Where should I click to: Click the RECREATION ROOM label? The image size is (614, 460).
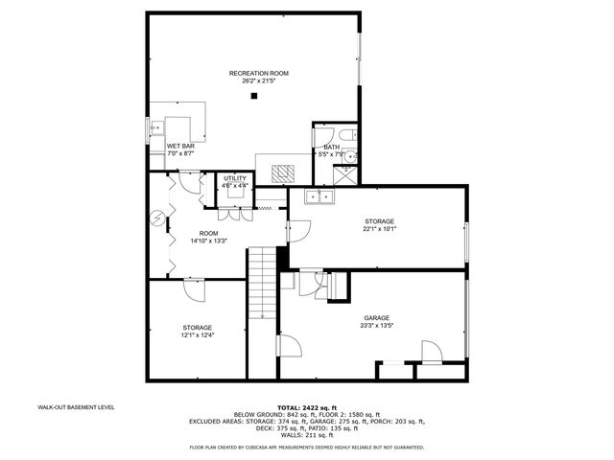click(258, 74)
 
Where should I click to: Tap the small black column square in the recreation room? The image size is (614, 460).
click(254, 96)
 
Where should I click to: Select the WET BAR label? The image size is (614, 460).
click(180, 146)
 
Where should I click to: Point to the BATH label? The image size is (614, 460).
click(331, 147)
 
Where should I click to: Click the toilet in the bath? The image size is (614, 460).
click(343, 132)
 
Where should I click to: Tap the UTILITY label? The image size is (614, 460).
click(235, 178)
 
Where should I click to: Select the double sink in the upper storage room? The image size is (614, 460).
click(318, 197)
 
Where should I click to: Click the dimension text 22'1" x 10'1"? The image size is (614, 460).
click(379, 229)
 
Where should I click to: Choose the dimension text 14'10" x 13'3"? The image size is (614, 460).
click(207, 241)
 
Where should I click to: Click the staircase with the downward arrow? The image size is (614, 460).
click(261, 287)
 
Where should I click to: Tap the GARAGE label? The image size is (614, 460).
click(376, 317)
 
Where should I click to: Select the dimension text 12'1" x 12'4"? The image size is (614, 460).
click(197, 335)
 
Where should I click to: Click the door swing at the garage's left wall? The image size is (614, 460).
click(287, 350)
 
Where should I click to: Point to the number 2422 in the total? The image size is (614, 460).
click(316, 407)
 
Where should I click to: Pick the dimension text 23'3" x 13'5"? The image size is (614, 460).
click(376, 326)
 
